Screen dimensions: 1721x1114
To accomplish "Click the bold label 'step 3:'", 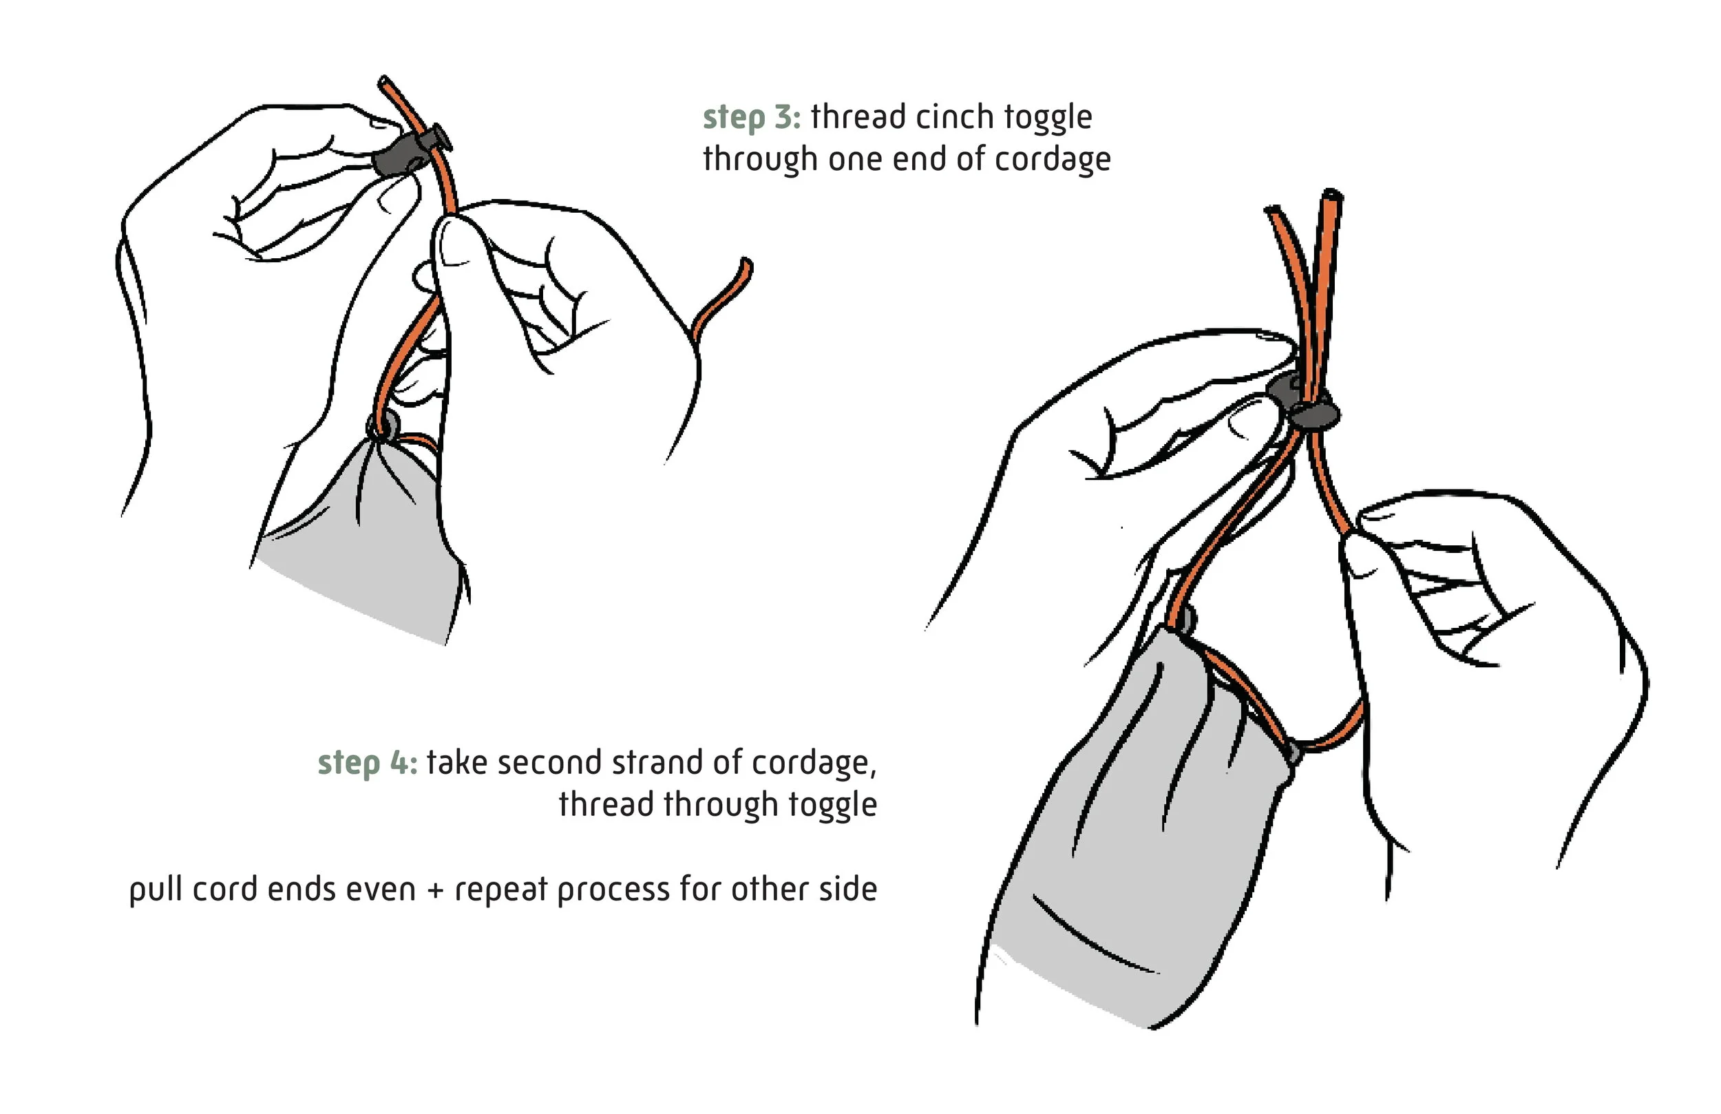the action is pos(751,118).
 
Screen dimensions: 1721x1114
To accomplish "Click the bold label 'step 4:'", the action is pos(368,764).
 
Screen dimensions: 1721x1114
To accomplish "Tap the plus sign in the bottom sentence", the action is pos(434,890).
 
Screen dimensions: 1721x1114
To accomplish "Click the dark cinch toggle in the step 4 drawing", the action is pos(1304,403).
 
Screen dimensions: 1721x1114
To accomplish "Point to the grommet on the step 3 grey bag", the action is pos(383,427).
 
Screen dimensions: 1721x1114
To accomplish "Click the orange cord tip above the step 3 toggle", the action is pos(385,82).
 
